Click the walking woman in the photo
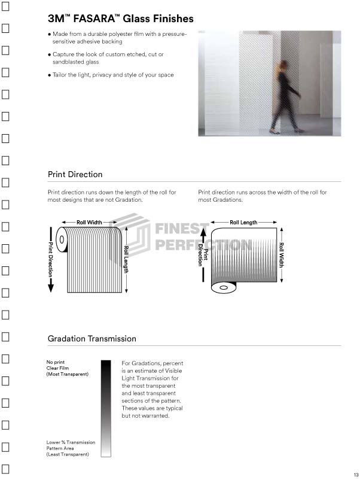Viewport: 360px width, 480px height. click(286, 97)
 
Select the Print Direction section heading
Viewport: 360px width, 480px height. click(75, 174)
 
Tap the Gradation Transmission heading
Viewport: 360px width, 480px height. click(91, 339)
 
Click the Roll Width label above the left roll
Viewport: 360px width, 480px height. click(89, 222)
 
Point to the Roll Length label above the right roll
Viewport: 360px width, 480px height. click(243, 222)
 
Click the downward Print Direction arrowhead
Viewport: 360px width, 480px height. click(51, 287)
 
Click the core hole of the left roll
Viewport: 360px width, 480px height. click(62, 239)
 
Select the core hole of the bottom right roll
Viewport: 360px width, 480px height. click(224, 287)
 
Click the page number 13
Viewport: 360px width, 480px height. click(356, 475)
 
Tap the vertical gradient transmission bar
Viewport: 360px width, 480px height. click(106, 409)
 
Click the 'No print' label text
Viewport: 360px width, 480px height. click(56, 362)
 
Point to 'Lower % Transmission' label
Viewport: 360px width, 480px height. click(71, 442)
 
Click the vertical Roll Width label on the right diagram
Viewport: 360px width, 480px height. click(282, 255)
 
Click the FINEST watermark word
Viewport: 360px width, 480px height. click(182, 229)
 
